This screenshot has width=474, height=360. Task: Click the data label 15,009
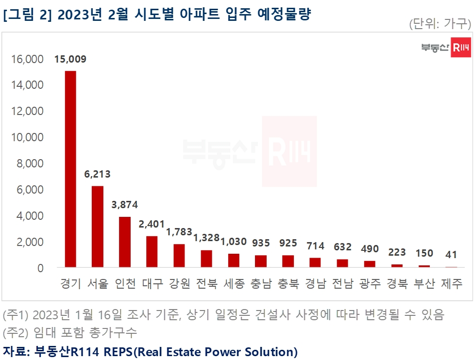click(70, 60)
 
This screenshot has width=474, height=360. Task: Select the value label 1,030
click(234, 242)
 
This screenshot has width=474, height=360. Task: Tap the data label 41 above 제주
click(451, 255)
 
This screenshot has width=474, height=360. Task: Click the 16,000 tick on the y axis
click(27, 59)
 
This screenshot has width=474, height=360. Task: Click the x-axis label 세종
click(234, 284)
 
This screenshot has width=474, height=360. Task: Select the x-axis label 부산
click(424, 284)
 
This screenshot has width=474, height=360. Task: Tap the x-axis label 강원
click(179, 284)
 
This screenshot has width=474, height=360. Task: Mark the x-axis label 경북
click(397, 284)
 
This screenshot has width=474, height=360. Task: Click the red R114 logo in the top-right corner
click(460, 47)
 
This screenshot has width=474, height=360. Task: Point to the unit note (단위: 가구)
click(440, 23)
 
